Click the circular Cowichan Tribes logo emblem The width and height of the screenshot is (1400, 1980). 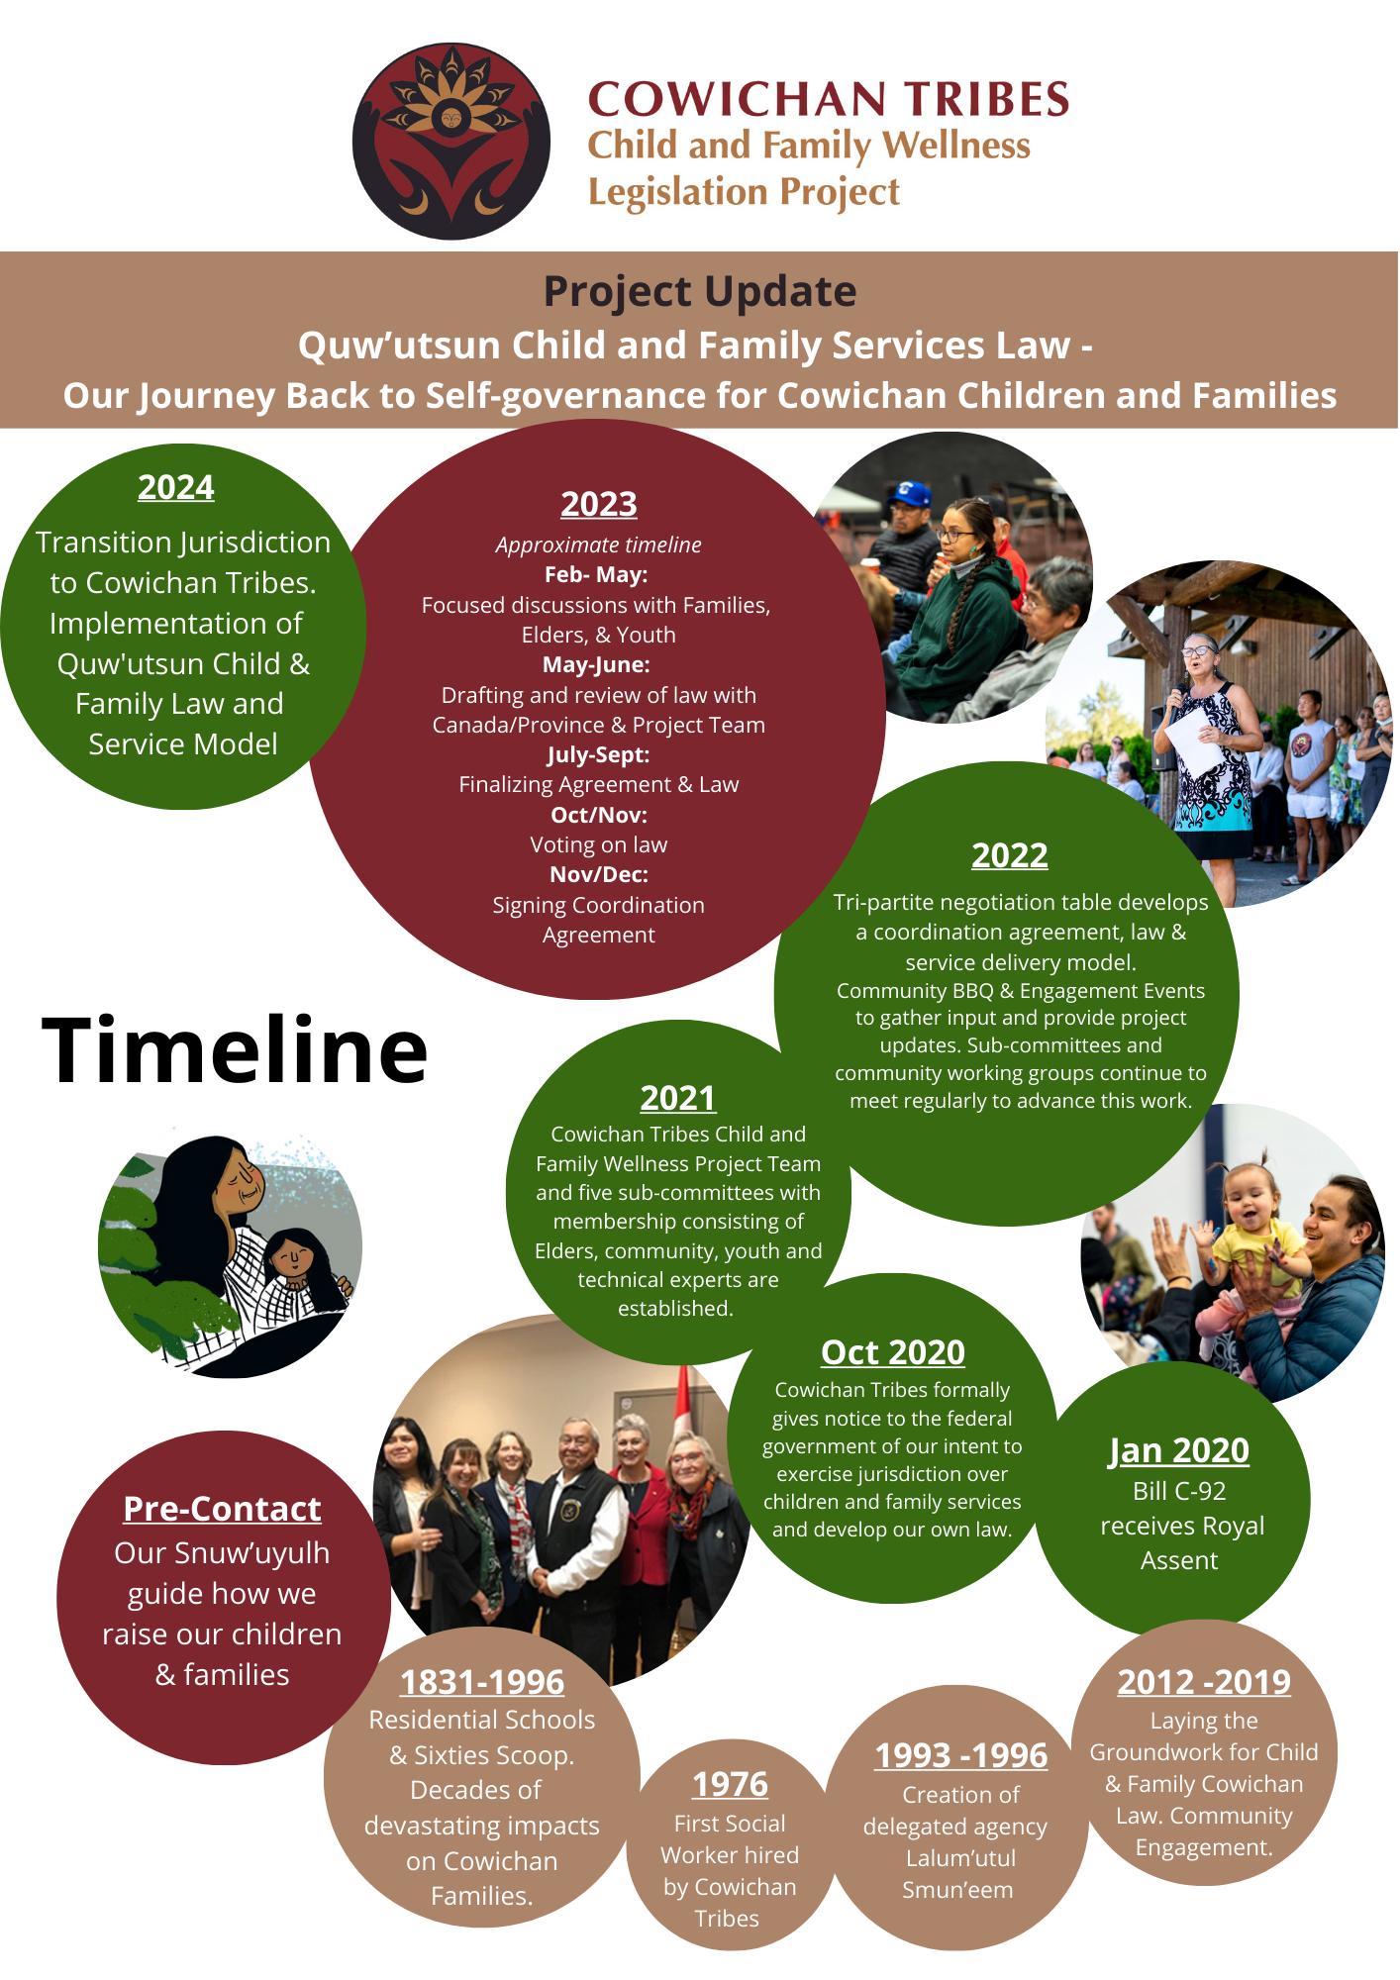tap(451, 142)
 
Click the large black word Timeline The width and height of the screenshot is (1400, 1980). tap(235, 1050)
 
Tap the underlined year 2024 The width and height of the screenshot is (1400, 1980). tap(176, 487)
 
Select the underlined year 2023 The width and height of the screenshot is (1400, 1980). tap(599, 504)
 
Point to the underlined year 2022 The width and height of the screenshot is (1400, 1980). tap(1009, 854)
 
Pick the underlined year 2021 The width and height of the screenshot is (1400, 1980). tap(678, 1098)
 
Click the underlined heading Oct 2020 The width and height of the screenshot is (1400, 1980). tap(892, 1351)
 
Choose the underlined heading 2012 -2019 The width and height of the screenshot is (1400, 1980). tap(1204, 1682)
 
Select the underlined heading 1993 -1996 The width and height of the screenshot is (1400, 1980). tap(960, 1755)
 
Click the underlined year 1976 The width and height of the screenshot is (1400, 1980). tap(730, 1784)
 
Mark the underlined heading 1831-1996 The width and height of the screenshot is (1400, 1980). tap(482, 1682)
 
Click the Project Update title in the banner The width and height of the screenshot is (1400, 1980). tap(700, 291)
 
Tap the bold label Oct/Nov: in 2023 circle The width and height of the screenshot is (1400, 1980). tap(599, 815)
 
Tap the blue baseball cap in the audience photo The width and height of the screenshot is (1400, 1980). tap(915, 493)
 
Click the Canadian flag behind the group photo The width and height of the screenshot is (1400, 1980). tap(683, 1406)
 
